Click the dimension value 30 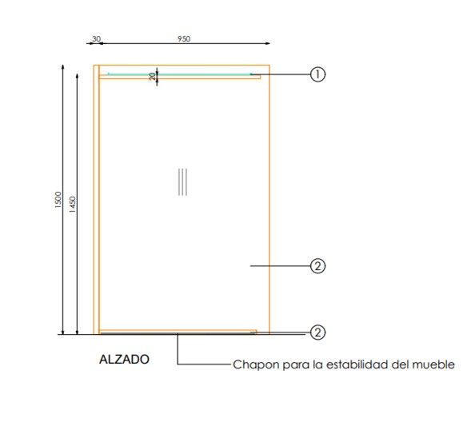pyautogui.click(x=96, y=38)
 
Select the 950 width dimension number pyautogui.click(x=184, y=38)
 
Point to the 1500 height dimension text pyautogui.click(x=58, y=200)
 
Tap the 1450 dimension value pyautogui.click(x=73, y=205)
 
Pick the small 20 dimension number pyautogui.click(x=153, y=76)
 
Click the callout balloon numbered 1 pyautogui.click(x=317, y=74)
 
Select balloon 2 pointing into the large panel pyautogui.click(x=317, y=266)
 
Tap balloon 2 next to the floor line pyautogui.click(x=317, y=332)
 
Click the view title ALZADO pyautogui.click(x=124, y=359)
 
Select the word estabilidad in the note pyautogui.click(x=357, y=364)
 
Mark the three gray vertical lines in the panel pyautogui.click(x=182, y=182)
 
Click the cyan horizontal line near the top pyautogui.click(x=180, y=74)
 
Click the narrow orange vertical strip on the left pyautogui.click(x=97, y=200)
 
